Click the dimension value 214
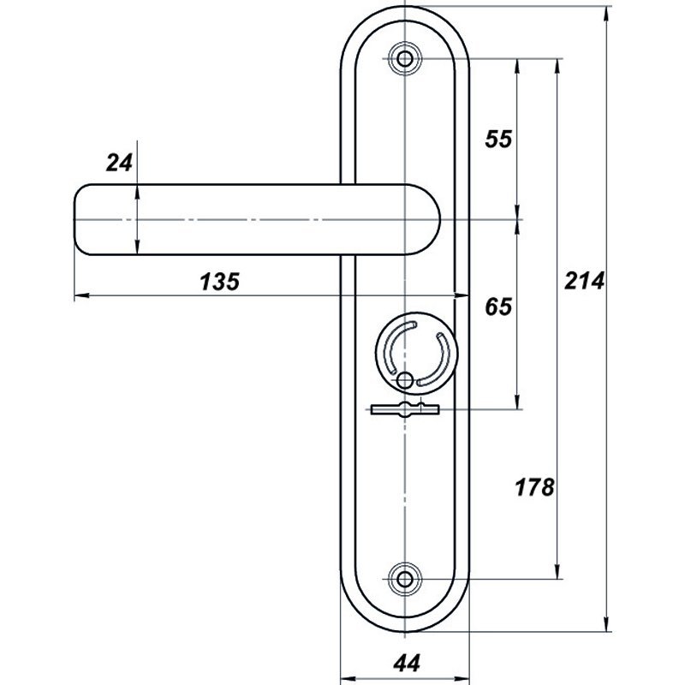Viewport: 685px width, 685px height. coord(584,281)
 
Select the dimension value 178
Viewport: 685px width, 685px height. coord(534,487)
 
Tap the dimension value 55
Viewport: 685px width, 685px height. coord(498,140)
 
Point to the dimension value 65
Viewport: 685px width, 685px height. coord(498,307)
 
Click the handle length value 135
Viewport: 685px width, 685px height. coord(220,282)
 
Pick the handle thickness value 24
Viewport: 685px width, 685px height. coord(119,164)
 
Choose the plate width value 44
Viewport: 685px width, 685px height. coord(407,663)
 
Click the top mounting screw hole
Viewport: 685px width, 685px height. coord(405,58)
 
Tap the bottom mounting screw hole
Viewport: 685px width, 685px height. coord(405,580)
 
